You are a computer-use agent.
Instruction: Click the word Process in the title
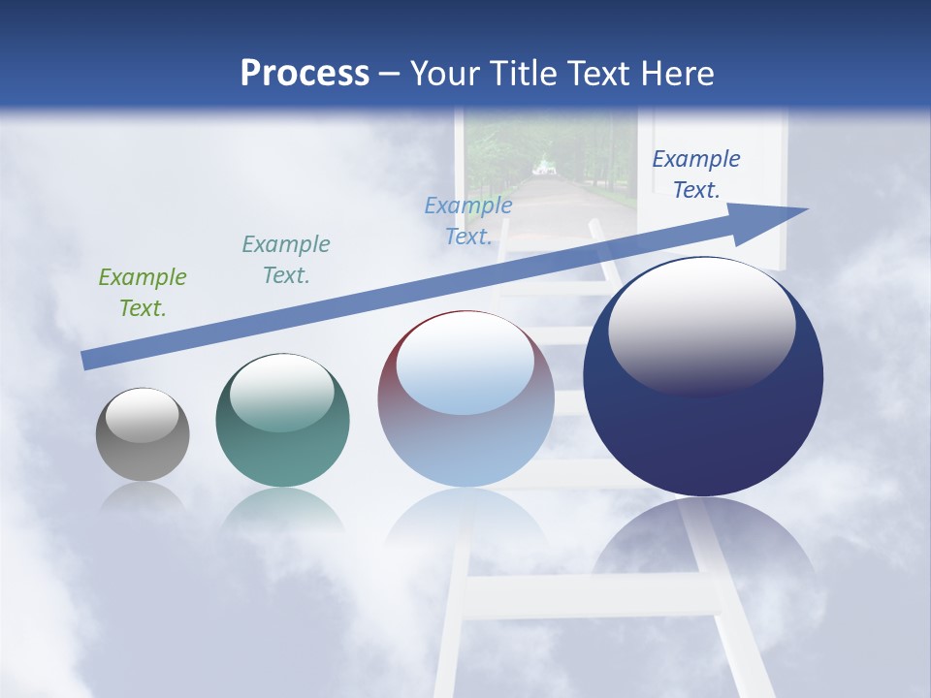pyautogui.click(x=305, y=74)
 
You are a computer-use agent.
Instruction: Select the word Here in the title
pyautogui.click(x=677, y=74)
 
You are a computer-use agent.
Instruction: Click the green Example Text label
pyautogui.click(x=143, y=293)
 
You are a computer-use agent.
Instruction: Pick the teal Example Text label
pyautogui.click(x=286, y=260)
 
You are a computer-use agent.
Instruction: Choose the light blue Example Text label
pyautogui.click(x=468, y=221)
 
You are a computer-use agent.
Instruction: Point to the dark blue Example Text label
pyautogui.click(x=696, y=174)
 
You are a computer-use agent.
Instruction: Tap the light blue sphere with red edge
pyautogui.click(x=465, y=427)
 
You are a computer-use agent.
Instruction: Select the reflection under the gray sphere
pyautogui.click(x=143, y=496)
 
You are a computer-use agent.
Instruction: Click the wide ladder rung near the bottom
pyautogui.click(x=592, y=594)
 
